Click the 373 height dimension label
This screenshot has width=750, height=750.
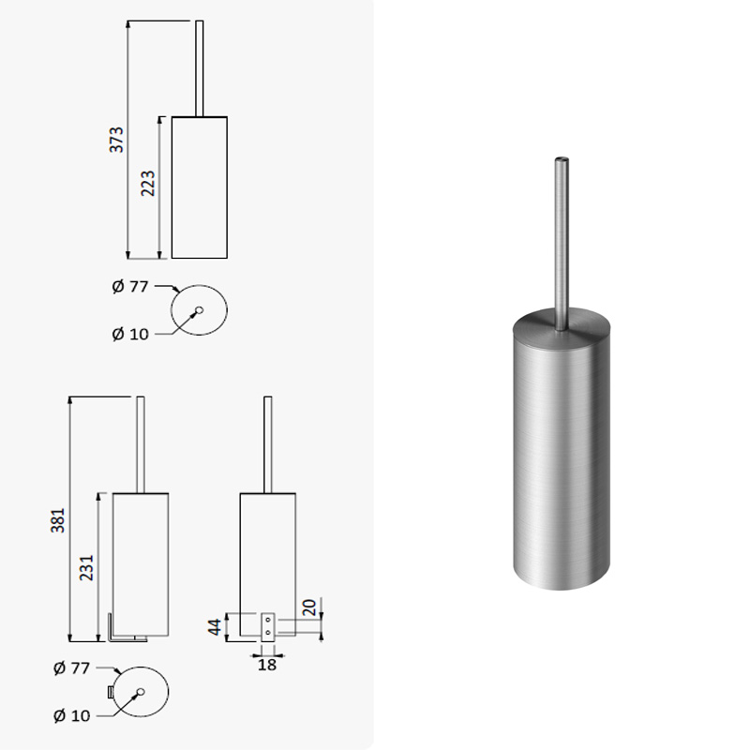tap(116, 140)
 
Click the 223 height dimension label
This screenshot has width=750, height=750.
tap(148, 183)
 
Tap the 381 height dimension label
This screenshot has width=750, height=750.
tap(57, 520)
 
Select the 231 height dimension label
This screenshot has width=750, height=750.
tap(86, 568)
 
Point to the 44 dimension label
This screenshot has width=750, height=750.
tap(215, 627)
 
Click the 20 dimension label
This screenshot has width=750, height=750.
tap(309, 607)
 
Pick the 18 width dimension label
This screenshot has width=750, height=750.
tap(267, 665)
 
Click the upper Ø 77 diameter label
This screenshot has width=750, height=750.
tap(130, 287)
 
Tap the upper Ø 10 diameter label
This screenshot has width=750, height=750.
tap(130, 334)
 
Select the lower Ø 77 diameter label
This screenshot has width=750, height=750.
tap(72, 667)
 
